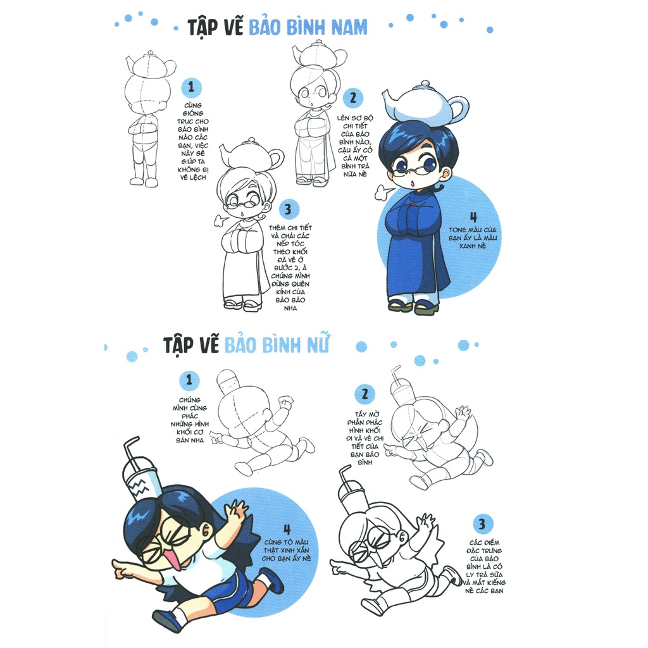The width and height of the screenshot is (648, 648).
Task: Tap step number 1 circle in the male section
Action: coord(190,87)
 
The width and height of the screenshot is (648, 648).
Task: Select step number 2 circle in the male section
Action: coord(352,98)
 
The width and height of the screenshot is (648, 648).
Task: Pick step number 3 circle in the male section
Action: coord(288,209)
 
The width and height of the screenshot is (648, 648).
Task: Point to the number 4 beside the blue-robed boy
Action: coord(473,217)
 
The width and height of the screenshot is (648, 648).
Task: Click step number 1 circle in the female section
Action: coord(189,380)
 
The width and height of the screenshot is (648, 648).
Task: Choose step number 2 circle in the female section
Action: coord(364,394)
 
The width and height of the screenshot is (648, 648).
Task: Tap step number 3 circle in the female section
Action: coord(482,524)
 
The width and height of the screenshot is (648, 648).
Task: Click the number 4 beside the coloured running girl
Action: coord(287,530)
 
